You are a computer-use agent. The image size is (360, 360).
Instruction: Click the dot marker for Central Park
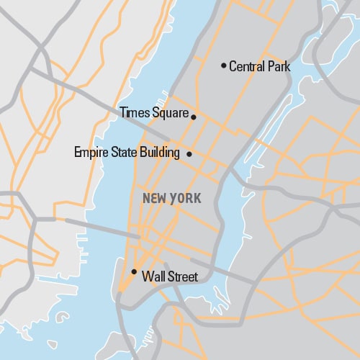click(223, 66)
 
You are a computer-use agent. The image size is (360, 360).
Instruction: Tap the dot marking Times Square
click(193, 115)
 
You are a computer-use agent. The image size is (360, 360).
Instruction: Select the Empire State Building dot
click(189, 153)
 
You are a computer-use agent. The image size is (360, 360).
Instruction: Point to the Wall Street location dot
click(134, 271)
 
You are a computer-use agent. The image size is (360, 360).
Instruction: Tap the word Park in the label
click(279, 67)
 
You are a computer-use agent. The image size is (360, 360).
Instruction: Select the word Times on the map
click(134, 112)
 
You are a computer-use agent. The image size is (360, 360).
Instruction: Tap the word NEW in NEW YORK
click(156, 198)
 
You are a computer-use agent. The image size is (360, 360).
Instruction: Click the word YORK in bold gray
click(186, 198)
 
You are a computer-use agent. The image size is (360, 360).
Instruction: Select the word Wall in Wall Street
click(153, 276)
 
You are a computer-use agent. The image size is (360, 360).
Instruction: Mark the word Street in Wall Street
click(182, 276)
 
